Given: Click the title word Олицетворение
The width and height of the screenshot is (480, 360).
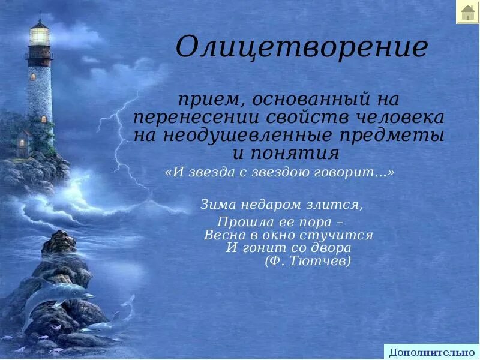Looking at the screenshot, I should [301, 47].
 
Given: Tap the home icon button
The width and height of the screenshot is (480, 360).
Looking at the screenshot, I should [467, 12].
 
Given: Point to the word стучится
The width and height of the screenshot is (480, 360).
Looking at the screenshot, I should [341, 235].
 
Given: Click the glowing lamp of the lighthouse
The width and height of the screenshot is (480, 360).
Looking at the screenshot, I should [40, 35].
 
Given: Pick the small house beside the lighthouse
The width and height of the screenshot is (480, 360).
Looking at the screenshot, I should [23, 142].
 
